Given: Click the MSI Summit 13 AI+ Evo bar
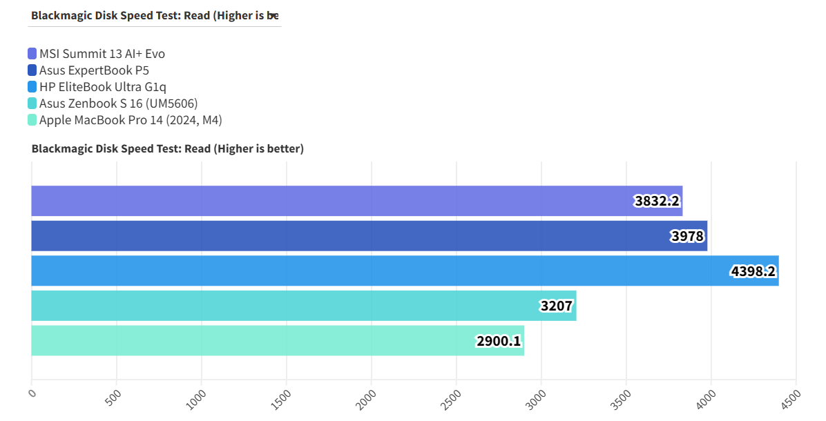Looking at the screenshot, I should click(332, 201).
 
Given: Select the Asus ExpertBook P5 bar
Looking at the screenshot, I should click(345, 236).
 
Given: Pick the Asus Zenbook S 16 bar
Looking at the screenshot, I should click(290, 306).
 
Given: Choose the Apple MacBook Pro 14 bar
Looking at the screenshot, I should click(262, 341).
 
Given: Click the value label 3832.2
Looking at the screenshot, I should click(657, 201).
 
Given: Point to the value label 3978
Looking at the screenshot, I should click(687, 237).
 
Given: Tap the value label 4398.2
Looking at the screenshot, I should click(753, 271).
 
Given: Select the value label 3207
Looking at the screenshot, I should click(557, 306).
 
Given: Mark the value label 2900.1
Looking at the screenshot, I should click(499, 341).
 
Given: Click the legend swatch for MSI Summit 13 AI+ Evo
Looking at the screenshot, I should click(32, 54).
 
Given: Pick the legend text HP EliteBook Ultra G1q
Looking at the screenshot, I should click(103, 87).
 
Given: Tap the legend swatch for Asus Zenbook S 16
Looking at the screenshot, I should click(32, 104).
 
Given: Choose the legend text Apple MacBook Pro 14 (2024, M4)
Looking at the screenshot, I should click(131, 120).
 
